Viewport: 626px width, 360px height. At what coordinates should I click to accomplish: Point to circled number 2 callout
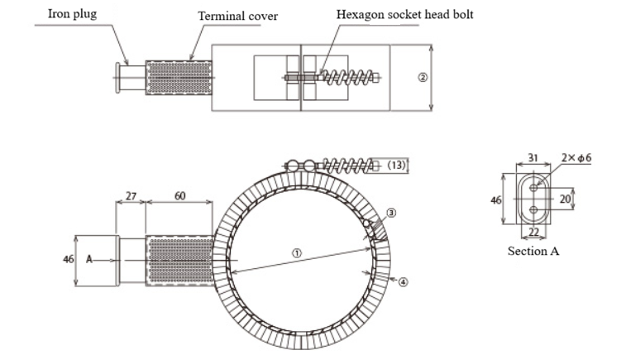[423, 77]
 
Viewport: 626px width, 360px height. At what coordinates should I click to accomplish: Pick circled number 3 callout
[391, 213]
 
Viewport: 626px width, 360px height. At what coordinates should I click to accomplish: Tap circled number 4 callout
[403, 282]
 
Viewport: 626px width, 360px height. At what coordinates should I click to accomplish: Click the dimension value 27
[131, 197]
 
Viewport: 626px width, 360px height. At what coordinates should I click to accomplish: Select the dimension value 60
[179, 197]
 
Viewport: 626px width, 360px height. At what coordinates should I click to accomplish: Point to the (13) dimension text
[397, 166]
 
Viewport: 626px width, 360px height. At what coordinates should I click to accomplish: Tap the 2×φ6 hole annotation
[576, 158]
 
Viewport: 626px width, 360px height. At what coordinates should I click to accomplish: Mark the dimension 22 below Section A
[534, 233]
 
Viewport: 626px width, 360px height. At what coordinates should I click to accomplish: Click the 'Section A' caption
[533, 251]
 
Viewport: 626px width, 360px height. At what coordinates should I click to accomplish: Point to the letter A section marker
[89, 259]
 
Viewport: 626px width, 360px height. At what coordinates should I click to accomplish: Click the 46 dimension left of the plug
[69, 259]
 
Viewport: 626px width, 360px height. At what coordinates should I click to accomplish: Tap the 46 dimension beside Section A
[496, 199]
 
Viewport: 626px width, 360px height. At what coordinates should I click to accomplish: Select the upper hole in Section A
[534, 187]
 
